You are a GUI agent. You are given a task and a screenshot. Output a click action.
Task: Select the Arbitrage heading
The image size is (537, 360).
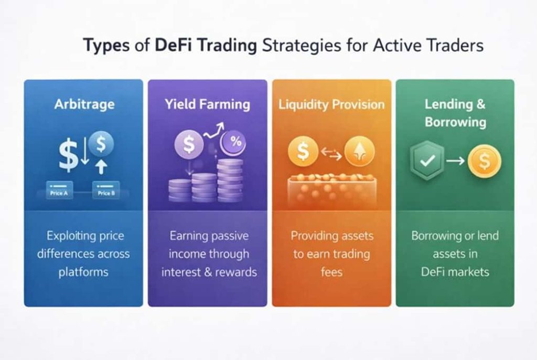tap(84, 104)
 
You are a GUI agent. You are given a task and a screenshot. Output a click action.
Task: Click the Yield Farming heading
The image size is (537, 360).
tap(207, 104)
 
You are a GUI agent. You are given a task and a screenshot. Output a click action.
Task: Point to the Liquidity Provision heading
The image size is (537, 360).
tap(331, 104)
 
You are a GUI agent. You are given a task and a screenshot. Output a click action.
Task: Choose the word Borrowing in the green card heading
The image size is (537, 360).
tap(456, 122)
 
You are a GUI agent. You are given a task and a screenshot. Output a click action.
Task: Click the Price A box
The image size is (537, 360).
tap(59, 190)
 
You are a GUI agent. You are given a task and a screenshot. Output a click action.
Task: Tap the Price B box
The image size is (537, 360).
tap(106, 190)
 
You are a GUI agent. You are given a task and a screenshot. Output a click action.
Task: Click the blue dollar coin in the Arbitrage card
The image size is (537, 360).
tap(101, 144)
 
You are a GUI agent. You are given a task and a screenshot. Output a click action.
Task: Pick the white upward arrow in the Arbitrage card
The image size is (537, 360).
tap(101, 167)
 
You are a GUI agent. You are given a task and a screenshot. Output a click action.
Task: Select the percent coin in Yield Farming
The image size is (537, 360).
tap(233, 142)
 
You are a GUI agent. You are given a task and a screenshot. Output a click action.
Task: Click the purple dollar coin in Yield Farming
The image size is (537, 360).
tap(189, 144)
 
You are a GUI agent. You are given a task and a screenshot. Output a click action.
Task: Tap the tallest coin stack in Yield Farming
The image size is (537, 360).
tap(230, 180)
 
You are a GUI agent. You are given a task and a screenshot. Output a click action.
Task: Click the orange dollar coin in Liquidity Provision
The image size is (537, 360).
tap(303, 151)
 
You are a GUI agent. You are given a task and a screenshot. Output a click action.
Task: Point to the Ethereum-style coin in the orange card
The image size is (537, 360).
tap(360, 151)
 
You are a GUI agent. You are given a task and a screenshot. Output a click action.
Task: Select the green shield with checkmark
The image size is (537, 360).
tap(427, 160)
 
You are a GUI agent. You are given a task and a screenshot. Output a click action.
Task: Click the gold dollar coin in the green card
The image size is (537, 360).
tap(484, 161)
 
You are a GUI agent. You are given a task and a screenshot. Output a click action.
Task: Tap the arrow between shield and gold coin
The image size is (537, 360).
tap(456, 160)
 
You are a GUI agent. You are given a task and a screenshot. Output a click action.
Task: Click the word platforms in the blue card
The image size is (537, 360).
tap(83, 272)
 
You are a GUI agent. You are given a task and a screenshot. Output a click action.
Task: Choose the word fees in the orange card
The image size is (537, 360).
tap(331, 272)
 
